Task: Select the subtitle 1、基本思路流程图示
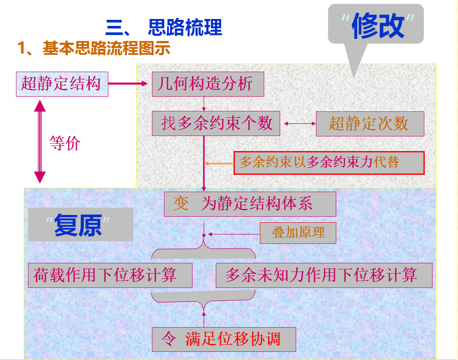pyautogui.click(x=94, y=48)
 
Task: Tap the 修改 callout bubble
pyautogui.click(x=376, y=25)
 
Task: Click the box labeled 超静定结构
pyautogui.click(x=61, y=84)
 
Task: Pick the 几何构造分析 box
pyautogui.click(x=208, y=84)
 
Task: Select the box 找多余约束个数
pyautogui.click(x=216, y=123)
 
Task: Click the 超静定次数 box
pyautogui.click(x=370, y=124)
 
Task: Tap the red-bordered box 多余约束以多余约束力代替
pyautogui.click(x=329, y=163)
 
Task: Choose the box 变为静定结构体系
pyautogui.click(x=250, y=204)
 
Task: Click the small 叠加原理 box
pyautogui.click(x=298, y=233)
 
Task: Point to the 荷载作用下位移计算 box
pyautogui.click(x=110, y=275)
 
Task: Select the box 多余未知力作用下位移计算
pyautogui.click(x=324, y=275)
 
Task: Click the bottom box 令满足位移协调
pyautogui.click(x=224, y=339)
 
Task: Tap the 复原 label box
pyautogui.click(x=80, y=225)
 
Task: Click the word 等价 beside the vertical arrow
pyautogui.click(x=65, y=143)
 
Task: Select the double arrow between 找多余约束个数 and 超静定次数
pyautogui.click(x=299, y=124)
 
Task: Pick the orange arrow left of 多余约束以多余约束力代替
pyautogui.click(x=219, y=164)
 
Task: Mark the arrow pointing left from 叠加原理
pyautogui.click(x=233, y=234)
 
